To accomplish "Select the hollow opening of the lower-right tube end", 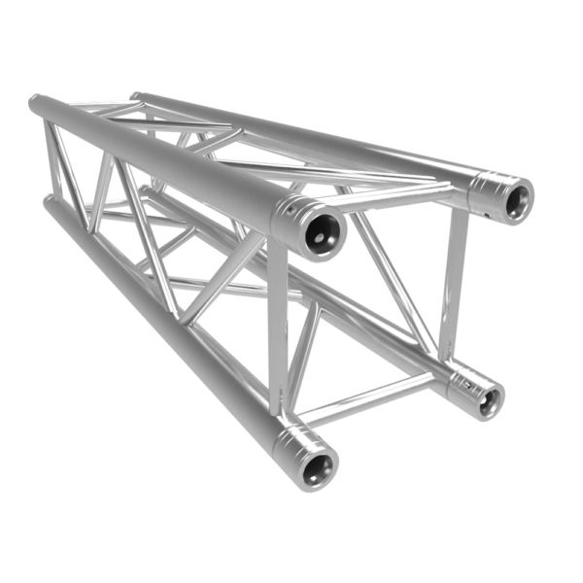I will pos(488,396).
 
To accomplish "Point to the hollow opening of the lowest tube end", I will pos(314,470).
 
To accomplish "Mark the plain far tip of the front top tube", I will pos(36,105).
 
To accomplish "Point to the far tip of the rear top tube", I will pos(137,96).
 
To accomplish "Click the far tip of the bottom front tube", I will pos(49,204).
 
